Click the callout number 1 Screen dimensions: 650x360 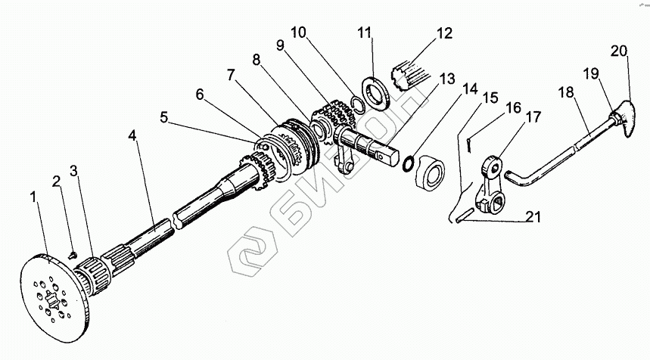point(34,197)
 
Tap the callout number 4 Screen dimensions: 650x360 point(132,135)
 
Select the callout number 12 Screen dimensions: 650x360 point(444,33)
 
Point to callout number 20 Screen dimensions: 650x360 point(619,51)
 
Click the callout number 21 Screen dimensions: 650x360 point(533,216)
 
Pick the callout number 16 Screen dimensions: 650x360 point(514,107)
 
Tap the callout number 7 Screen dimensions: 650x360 point(231,75)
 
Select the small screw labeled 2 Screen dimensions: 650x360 point(73,254)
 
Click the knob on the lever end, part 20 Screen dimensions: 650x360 point(627,119)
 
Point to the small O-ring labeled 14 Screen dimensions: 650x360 point(408,163)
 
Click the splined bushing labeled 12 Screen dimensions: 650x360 point(410,75)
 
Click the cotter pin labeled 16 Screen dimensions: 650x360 point(468,144)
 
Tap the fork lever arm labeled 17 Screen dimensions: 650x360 point(490,185)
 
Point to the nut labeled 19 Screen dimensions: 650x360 point(614,119)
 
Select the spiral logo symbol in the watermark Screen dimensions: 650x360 point(252,251)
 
